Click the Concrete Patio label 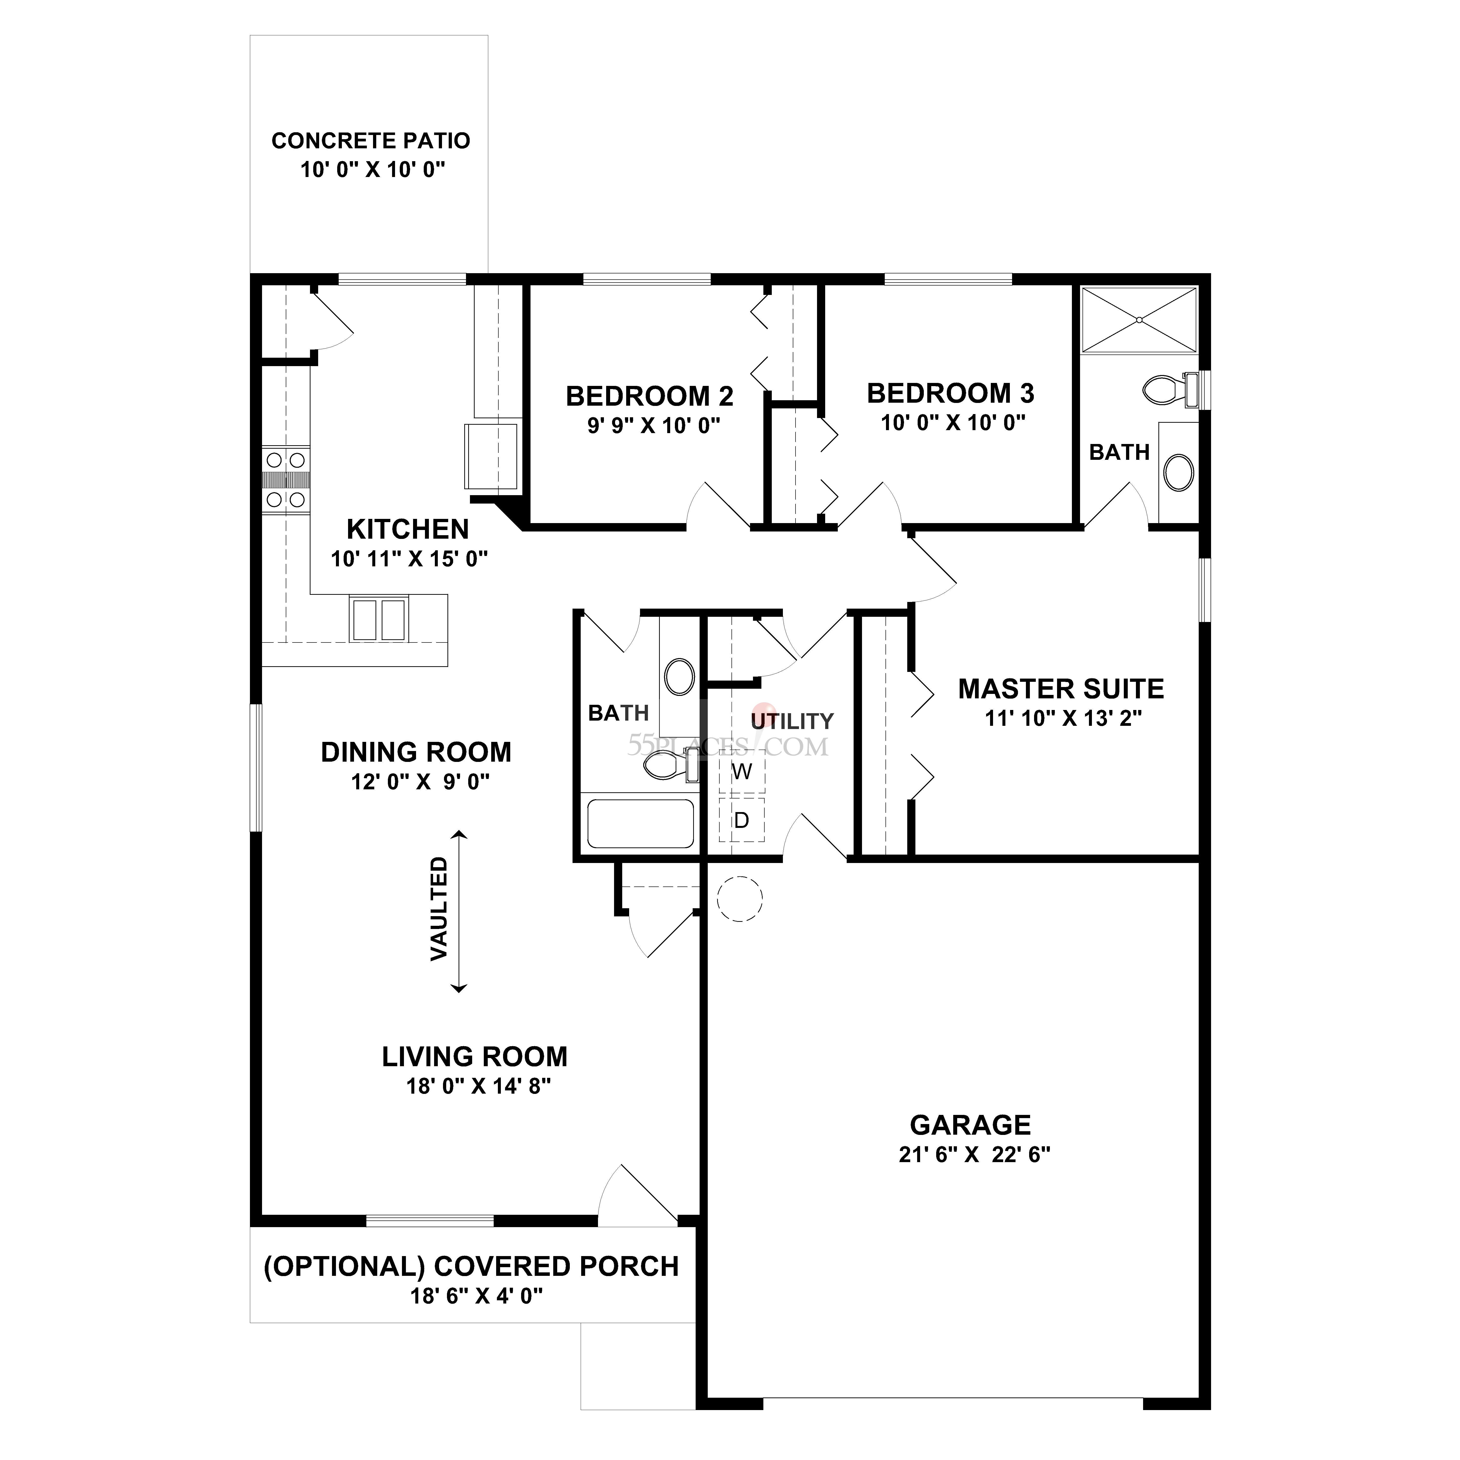pyautogui.click(x=370, y=141)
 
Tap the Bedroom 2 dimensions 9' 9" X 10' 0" pyautogui.click(x=654, y=425)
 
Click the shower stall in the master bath pyautogui.click(x=1139, y=320)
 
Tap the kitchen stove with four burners pyautogui.click(x=286, y=480)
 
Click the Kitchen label pyautogui.click(x=407, y=529)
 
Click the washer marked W pyautogui.click(x=741, y=772)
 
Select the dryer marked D pyautogui.click(x=741, y=820)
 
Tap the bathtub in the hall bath pyautogui.click(x=640, y=824)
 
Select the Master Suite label pyautogui.click(x=1061, y=689)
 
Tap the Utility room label pyautogui.click(x=792, y=721)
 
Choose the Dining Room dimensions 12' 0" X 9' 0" pyautogui.click(x=420, y=781)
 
